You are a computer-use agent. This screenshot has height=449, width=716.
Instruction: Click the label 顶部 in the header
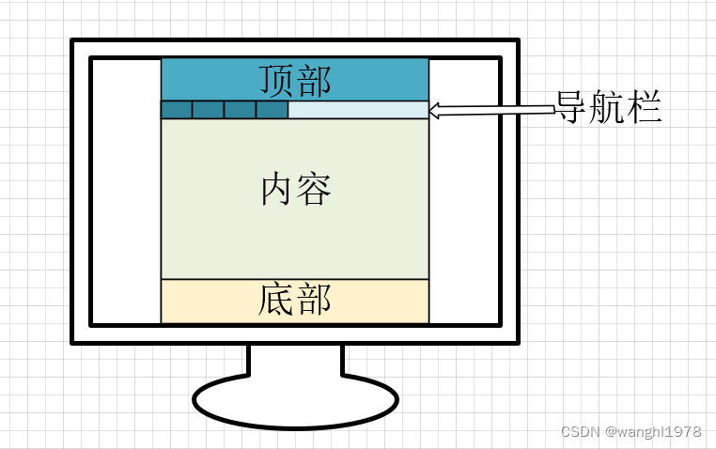[295, 80]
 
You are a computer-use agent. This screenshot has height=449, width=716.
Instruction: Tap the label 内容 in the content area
[296, 191]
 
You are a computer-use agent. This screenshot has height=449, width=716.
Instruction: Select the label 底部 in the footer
[295, 301]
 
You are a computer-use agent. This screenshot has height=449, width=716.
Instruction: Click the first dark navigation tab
[177, 110]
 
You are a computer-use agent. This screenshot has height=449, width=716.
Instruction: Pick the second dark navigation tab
[209, 110]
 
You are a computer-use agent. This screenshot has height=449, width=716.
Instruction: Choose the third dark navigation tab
[240, 110]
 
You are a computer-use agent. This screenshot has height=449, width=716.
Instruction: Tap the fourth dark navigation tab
[272, 110]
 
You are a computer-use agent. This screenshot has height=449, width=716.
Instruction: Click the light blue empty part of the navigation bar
[358, 110]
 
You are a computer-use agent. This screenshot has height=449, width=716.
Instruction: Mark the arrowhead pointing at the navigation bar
[436, 111]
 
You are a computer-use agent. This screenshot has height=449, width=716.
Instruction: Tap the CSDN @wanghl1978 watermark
[631, 432]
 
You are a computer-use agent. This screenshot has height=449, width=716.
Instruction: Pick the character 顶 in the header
[277, 80]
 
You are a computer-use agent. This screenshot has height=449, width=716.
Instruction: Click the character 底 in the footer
[277, 301]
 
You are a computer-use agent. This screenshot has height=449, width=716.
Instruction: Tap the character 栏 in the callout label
[646, 109]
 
